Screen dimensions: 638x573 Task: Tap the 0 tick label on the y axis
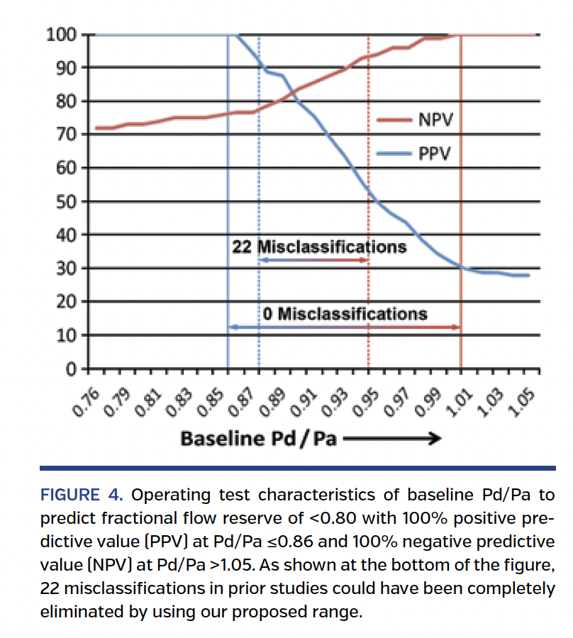[70, 369]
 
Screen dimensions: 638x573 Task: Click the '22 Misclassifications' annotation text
[319, 247]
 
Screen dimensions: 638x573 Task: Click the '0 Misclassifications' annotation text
[345, 313]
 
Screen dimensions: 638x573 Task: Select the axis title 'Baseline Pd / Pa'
[258, 439]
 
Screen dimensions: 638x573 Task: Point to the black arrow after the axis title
[392, 439]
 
